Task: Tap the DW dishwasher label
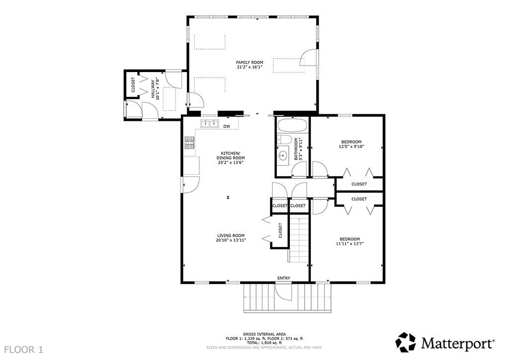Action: coord(227,126)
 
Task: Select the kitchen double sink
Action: coord(210,124)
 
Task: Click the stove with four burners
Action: coord(190,143)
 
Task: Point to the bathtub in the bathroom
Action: coord(292,126)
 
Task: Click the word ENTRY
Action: coord(284,278)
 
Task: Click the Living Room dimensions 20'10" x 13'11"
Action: coord(231,241)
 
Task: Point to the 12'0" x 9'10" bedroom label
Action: coord(351,146)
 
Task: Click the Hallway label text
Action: coord(155,88)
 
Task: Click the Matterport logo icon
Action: coord(406,343)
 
